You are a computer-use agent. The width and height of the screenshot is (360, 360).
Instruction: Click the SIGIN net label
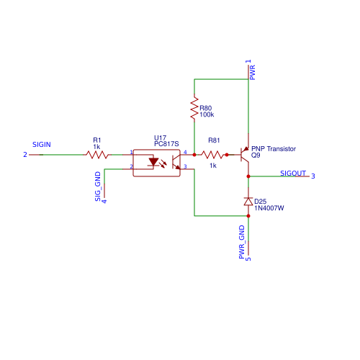[x=42, y=145]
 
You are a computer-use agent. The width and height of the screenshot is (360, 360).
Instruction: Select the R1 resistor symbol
[x=97, y=154]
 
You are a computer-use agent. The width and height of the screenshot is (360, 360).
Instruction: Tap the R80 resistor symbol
[x=194, y=109]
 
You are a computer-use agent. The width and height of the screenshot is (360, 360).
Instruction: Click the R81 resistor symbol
[x=212, y=154]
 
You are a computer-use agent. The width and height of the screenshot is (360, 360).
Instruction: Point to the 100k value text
[x=207, y=114]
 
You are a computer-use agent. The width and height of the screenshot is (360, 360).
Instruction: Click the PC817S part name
[x=166, y=144]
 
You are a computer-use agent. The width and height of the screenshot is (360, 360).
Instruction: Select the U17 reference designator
[x=160, y=138]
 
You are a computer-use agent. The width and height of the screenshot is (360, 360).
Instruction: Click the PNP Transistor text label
[x=274, y=149]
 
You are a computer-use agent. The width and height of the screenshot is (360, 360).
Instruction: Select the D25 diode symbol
[x=248, y=201]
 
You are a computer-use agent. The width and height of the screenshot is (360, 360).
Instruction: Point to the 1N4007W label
[x=269, y=207]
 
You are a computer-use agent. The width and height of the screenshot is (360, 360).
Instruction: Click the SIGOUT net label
[x=293, y=174]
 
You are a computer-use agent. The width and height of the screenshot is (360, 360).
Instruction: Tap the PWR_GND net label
[x=242, y=241]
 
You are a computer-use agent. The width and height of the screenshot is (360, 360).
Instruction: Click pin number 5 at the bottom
[x=248, y=258]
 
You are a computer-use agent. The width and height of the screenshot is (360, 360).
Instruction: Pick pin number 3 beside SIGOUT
[x=312, y=176]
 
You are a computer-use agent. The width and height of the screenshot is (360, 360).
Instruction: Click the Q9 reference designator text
[x=256, y=156]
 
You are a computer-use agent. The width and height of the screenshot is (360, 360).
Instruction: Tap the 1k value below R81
[x=213, y=166]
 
